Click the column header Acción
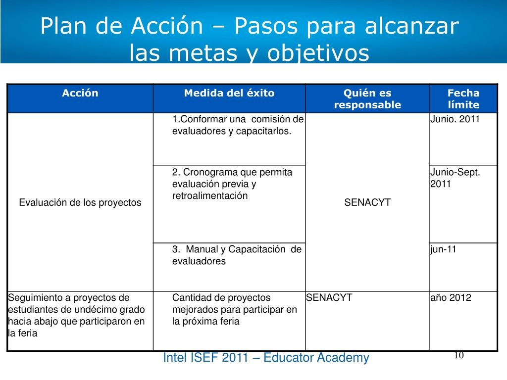tap(80, 93)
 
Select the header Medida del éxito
tap(229, 93)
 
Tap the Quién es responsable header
tap(367, 99)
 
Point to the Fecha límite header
tap(463, 99)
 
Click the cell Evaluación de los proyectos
tap(80, 202)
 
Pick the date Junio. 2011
tap(455, 119)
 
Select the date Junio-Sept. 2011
tap(455, 178)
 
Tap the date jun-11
tap(443, 249)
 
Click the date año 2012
tap(451, 297)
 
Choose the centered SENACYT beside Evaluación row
tap(367, 202)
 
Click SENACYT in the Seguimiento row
tap(329, 297)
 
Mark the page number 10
tap(459, 355)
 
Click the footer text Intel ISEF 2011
tap(205, 358)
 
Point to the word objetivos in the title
tap(318, 52)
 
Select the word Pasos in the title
tap(266, 26)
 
